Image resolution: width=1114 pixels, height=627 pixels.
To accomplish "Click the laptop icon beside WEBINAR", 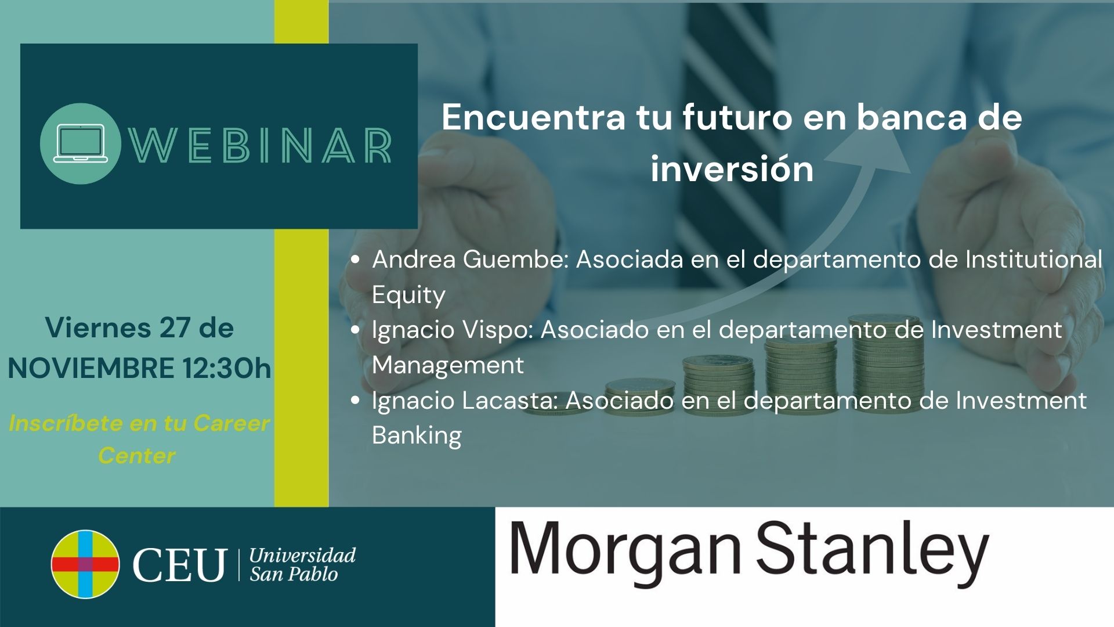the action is coord(80,143).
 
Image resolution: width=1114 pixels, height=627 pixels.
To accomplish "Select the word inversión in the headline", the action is coord(732,169).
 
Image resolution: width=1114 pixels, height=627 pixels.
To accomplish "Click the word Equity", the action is coord(408,296).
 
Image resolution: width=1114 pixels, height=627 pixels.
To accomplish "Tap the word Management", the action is coord(447,365).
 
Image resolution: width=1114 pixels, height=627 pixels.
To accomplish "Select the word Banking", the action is coord(417,436).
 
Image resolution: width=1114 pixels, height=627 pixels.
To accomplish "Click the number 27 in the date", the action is coord(175,328).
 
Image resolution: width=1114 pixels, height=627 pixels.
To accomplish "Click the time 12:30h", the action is coord(227,369).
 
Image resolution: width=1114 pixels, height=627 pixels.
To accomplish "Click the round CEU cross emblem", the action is coord(85,564).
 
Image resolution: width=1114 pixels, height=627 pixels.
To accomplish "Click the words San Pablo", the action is coord(294,575).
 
